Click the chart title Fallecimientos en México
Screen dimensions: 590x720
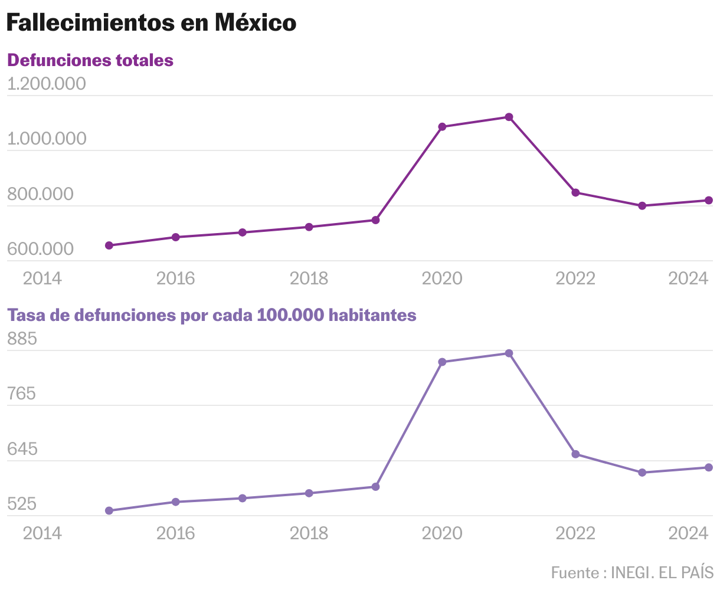tap(151, 23)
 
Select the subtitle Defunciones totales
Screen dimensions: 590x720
tap(90, 60)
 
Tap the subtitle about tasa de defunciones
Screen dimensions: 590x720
tap(211, 315)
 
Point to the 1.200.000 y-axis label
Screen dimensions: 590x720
tap(47, 84)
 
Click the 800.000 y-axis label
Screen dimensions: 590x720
tap(40, 194)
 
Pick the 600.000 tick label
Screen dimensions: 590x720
tap(40, 249)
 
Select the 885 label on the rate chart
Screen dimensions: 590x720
tap(22, 339)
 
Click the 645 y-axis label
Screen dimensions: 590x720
tap(22, 449)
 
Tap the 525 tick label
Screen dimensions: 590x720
tap(22, 504)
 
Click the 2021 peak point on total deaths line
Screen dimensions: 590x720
tap(509, 117)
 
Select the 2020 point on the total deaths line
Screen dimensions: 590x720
tap(442, 126)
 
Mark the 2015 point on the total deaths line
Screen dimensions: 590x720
tap(109, 245)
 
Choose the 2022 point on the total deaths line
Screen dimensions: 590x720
tap(575, 192)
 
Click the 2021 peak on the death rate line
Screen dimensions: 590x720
tap(509, 353)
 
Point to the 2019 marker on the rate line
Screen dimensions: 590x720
tap(375, 487)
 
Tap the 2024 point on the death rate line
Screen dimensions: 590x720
tap(709, 467)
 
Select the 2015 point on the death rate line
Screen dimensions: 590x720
tap(109, 510)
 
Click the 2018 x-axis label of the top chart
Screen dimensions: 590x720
tap(309, 278)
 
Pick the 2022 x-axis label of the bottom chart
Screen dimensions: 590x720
tap(575, 533)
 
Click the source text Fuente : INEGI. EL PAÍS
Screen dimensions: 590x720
tap(632, 572)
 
